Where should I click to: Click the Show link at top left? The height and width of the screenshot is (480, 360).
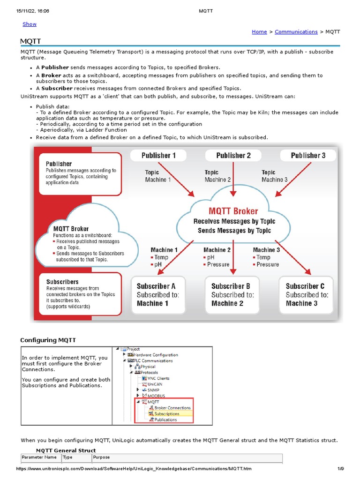(30, 24)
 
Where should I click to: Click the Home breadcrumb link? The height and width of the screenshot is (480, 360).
(259, 32)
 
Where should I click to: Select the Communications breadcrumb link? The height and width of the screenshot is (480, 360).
(296, 32)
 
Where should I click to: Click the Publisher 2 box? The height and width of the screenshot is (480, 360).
(233, 156)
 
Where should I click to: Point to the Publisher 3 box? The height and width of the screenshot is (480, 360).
(307, 156)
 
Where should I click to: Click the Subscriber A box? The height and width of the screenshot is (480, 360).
(158, 294)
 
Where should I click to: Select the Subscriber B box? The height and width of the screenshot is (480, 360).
(232, 294)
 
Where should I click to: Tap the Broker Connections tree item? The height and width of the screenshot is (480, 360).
(172, 408)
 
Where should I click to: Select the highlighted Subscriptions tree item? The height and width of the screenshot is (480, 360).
(166, 414)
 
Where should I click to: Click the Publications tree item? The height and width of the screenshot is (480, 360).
(165, 420)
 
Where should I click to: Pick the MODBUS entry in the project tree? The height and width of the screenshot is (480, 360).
(156, 396)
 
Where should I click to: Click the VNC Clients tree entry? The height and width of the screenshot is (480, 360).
(158, 378)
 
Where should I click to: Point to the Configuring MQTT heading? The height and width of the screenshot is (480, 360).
(48, 340)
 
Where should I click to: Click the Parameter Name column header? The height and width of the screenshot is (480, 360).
(39, 457)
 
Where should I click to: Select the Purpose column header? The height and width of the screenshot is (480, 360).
(101, 457)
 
